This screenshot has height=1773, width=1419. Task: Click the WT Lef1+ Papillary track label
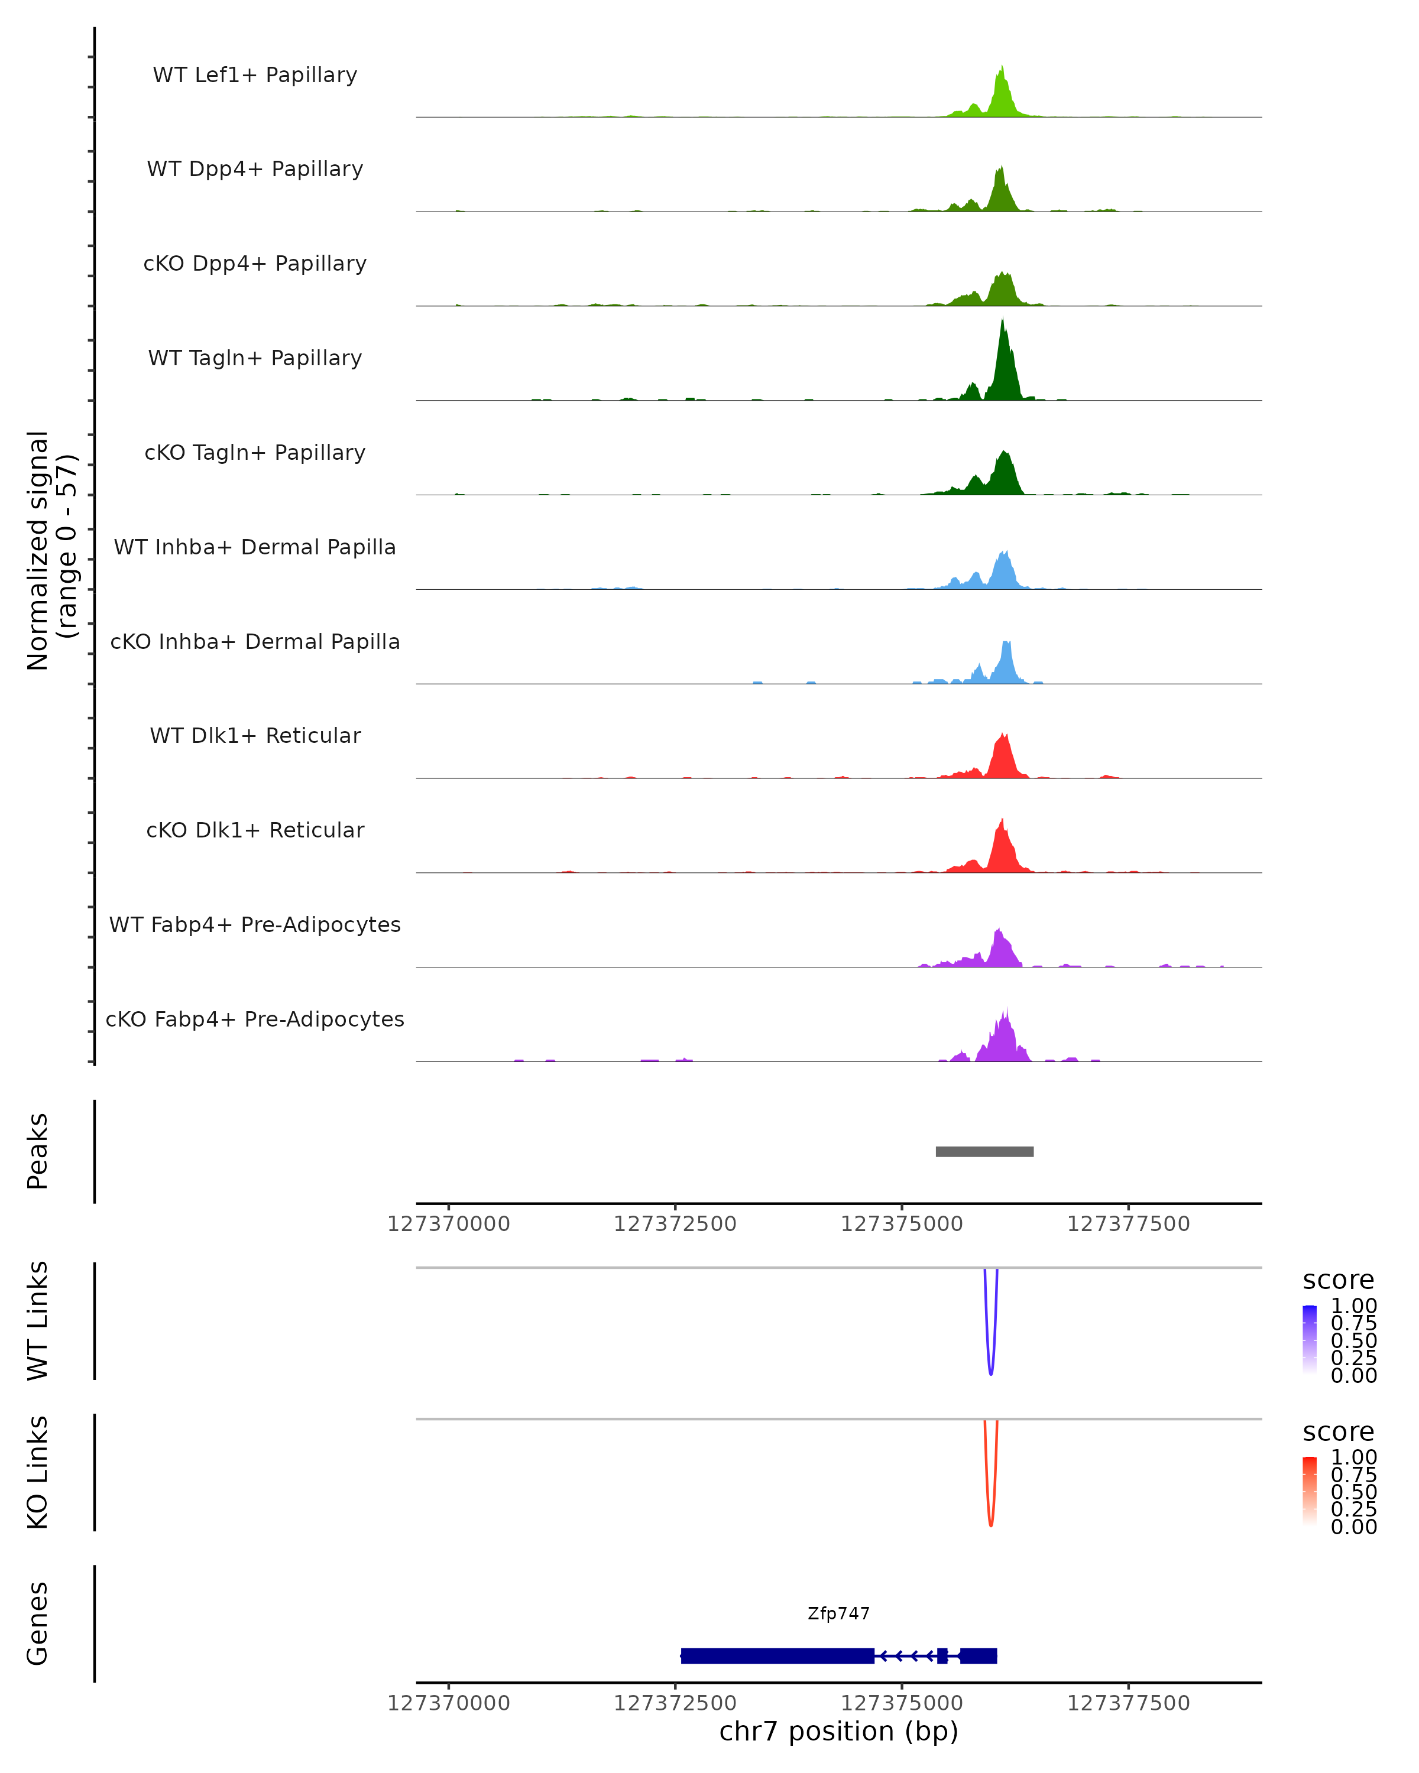(255, 75)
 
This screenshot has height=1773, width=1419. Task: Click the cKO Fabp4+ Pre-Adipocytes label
(255, 1019)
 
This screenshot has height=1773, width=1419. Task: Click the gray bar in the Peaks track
(984, 1151)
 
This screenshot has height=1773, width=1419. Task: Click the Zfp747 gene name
(838, 1613)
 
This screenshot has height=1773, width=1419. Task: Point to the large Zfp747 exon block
(777, 1655)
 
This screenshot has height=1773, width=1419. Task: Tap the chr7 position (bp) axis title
(838, 1731)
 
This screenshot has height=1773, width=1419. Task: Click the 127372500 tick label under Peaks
(675, 1224)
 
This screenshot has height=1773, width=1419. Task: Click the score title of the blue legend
(1337, 1281)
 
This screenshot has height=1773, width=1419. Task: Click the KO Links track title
(38, 1472)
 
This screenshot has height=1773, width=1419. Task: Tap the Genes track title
(38, 1623)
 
